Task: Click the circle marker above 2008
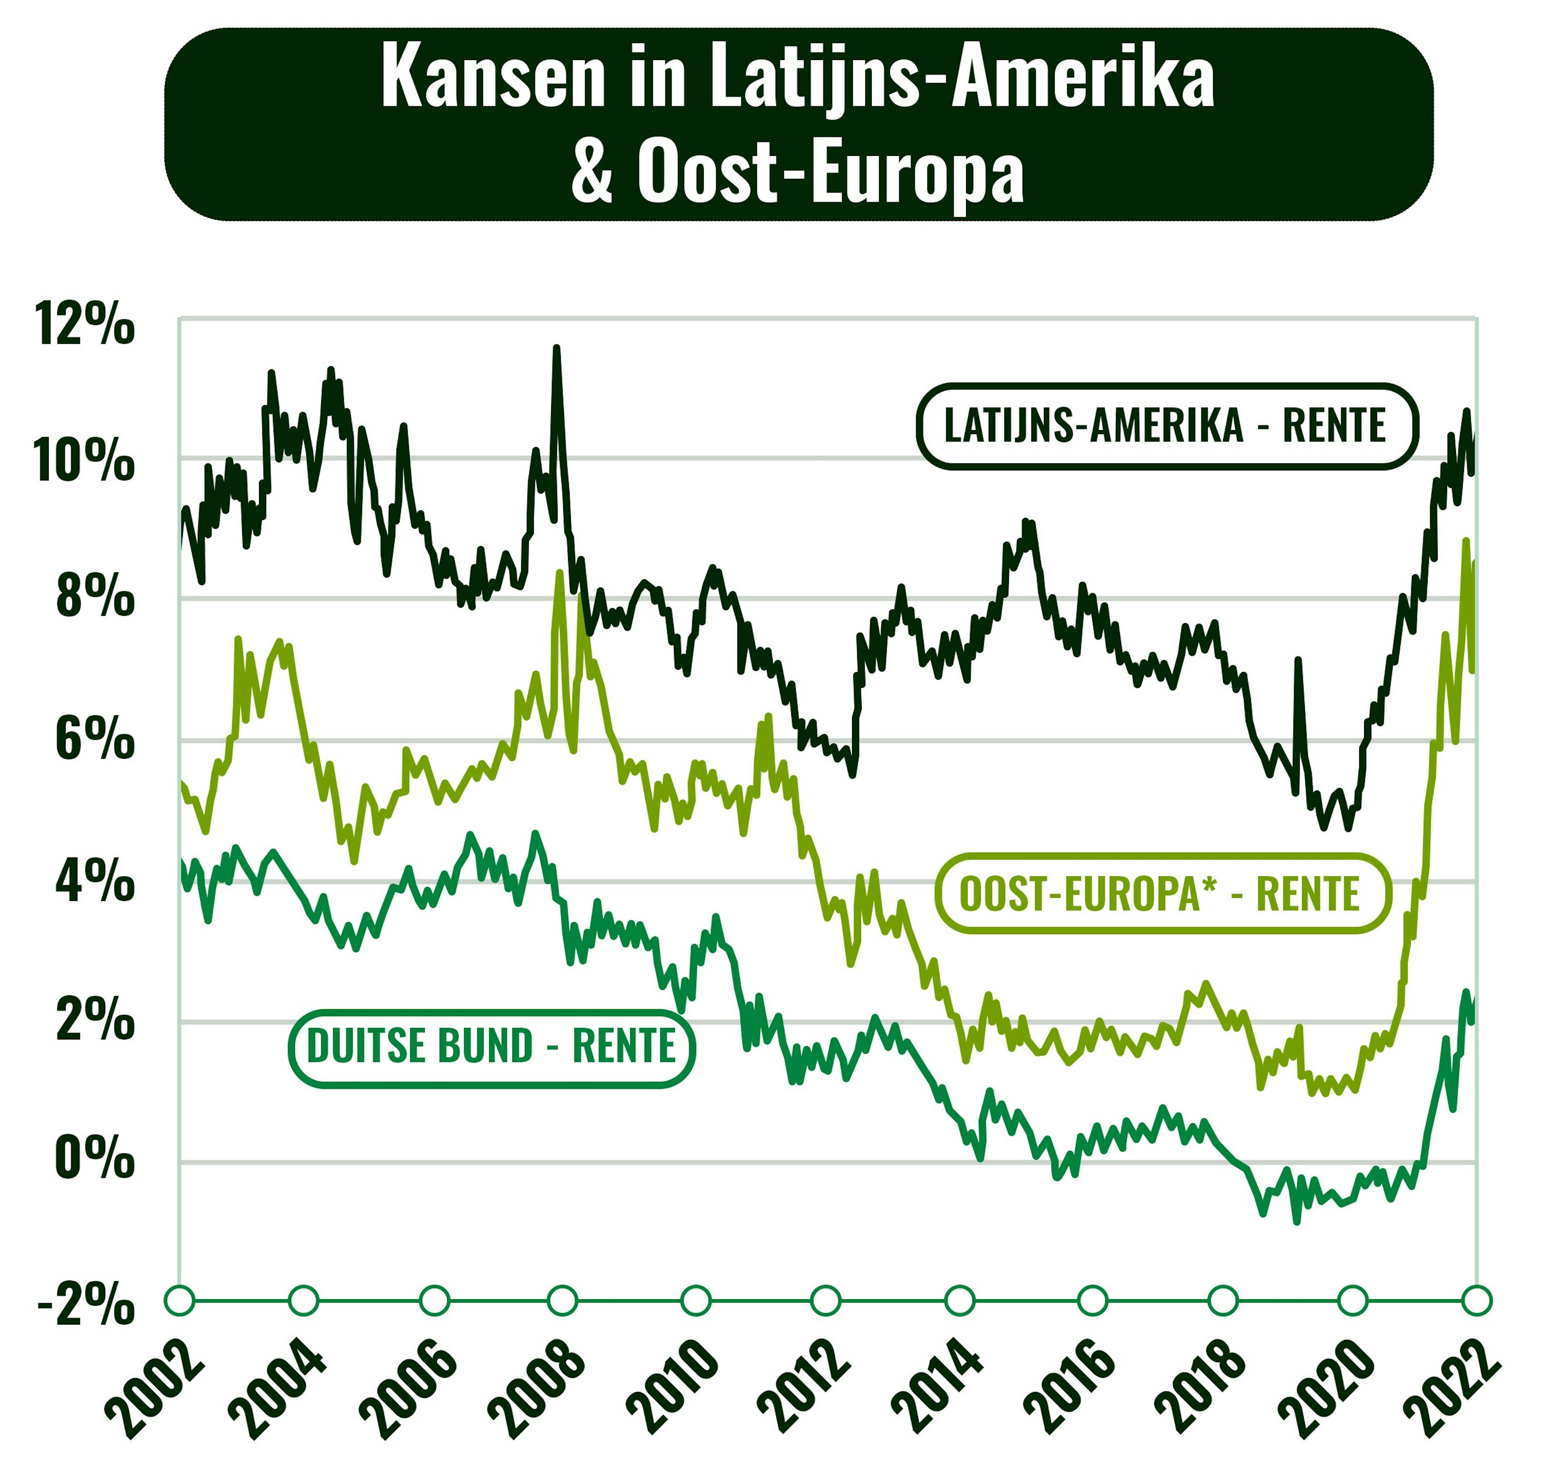[562, 1300]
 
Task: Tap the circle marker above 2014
[959, 1300]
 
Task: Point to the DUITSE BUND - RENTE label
[491, 1047]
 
